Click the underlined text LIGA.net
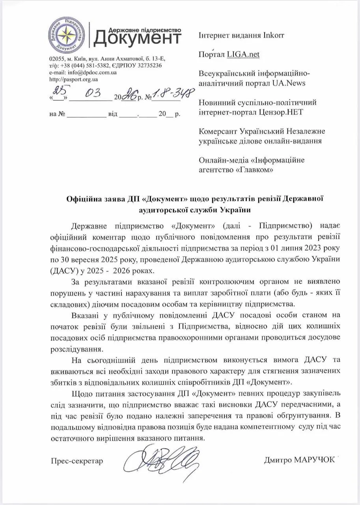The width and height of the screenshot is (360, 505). point(243,54)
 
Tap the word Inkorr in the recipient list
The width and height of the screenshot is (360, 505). point(273,35)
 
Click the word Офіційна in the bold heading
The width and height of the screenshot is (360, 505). point(81,198)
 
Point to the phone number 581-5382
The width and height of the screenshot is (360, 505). point(93,66)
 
